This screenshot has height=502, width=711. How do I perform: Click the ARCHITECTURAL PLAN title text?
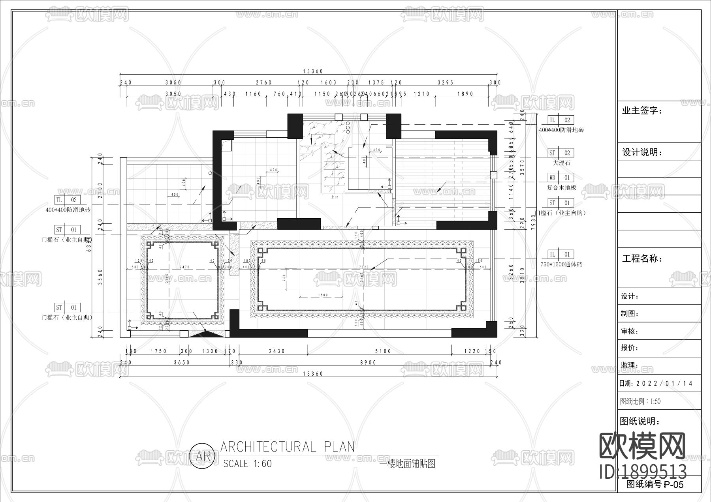288,447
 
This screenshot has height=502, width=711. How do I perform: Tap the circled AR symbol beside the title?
203,457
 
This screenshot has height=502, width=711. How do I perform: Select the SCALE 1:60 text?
248,464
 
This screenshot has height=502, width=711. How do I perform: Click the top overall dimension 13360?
313,71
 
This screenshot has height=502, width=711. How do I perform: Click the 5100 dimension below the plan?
383,351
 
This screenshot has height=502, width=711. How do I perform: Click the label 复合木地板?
561,187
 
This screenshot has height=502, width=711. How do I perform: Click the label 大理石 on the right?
561,163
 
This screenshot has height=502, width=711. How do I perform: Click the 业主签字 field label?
642,111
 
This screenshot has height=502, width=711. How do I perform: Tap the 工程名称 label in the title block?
642,259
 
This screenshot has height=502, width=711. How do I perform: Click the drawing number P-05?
673,484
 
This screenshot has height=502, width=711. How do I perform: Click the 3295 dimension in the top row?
446,82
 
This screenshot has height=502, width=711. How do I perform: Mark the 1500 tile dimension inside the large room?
323,295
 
